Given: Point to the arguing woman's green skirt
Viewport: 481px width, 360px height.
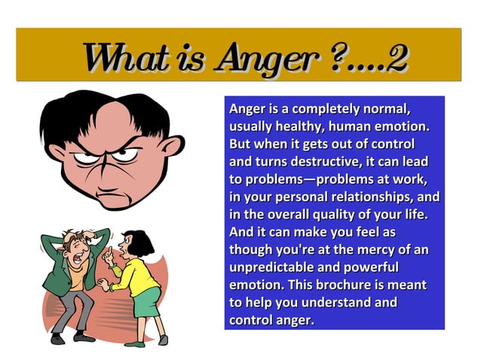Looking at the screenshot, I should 147,301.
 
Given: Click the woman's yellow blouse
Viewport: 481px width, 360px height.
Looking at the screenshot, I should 136,272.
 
